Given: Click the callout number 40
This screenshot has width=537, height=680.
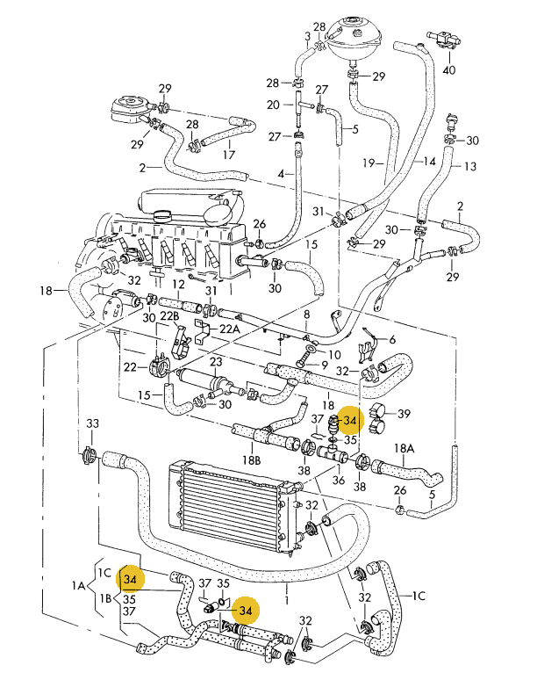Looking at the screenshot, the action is coord(449,69).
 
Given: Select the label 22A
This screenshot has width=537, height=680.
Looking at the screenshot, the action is coord(229,329).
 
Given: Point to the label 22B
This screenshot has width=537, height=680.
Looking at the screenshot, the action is coord(169,316).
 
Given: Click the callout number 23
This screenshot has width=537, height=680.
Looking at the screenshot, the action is coord(216,362).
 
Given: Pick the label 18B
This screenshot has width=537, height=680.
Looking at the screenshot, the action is coord(251,459).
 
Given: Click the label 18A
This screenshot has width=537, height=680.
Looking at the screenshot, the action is coord(404,448).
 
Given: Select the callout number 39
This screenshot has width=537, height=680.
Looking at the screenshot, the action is coord(404,414).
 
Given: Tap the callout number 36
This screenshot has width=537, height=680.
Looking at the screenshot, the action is coord(338,480).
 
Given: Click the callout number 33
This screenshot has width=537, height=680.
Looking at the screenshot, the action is coord(93,423).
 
